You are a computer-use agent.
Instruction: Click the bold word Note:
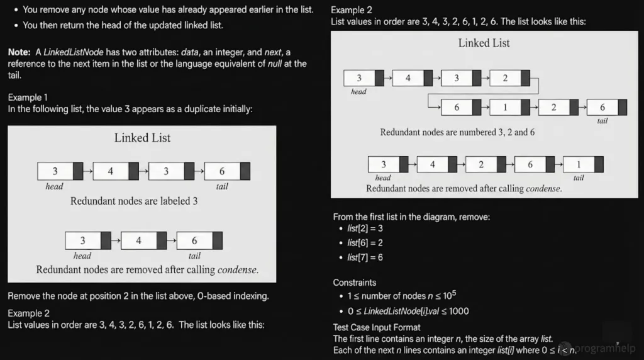click(x=19, y=52)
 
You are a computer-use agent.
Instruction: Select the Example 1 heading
click(x=28, y=97)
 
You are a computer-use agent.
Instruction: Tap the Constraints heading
click(x=355, y=283)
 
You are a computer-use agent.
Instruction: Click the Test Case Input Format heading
click(x=377, y=327)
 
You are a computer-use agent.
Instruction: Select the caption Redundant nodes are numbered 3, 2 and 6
click(x=457, y=132)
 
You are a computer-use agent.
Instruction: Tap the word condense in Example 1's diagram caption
click(x=237, y=269)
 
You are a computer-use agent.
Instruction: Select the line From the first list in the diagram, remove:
click(x=411, y=217)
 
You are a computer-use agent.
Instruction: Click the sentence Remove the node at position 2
click(x=139, y=296)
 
